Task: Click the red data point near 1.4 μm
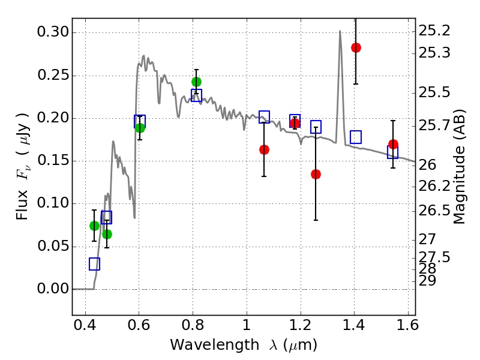356,47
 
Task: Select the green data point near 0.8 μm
196,82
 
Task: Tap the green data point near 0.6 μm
140,128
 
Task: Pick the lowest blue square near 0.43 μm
94,264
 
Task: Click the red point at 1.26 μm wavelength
316,174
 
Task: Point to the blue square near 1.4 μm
356,137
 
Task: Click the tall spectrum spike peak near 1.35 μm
340,31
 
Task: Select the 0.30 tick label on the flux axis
52,32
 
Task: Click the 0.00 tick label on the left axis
52,289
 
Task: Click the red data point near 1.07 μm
264,149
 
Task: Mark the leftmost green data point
94,226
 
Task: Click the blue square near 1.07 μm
264,117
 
